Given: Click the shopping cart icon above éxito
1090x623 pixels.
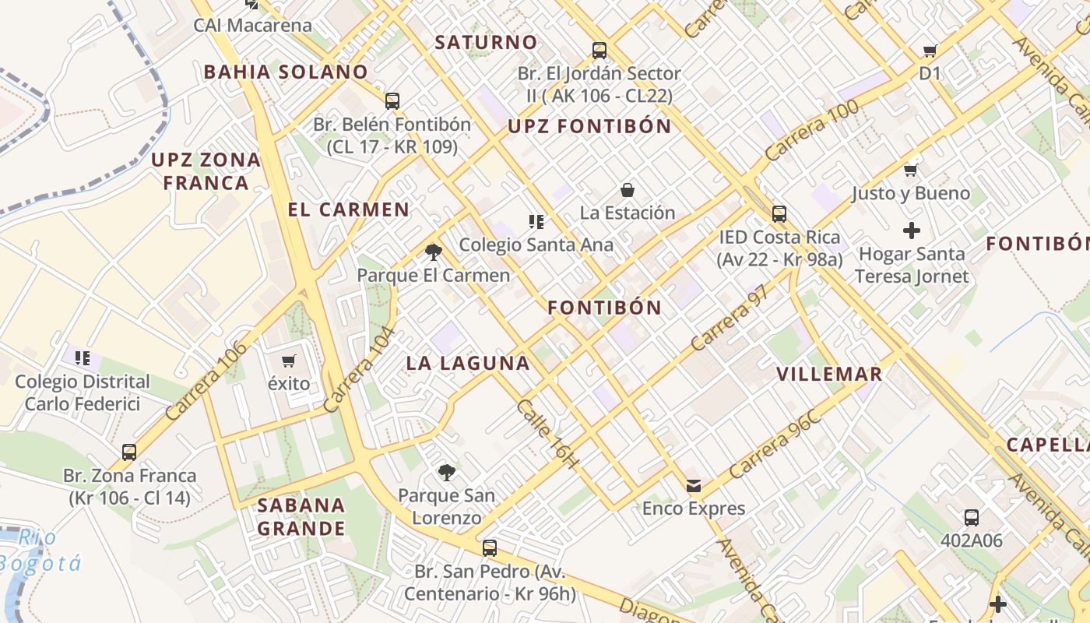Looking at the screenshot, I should click(289, 361).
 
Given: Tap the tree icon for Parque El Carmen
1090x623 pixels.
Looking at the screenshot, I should click(434, 252).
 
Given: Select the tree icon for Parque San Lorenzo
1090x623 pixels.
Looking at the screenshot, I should click(446, 471).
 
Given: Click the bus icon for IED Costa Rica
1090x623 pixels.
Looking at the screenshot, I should click(779, 214).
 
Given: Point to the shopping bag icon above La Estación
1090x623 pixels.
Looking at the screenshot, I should click(627, 189).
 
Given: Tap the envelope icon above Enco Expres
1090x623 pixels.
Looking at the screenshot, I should click(693, 486).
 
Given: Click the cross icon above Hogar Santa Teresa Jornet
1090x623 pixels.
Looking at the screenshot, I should click(911, 231).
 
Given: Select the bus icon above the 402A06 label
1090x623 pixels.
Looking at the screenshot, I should click(971, 517).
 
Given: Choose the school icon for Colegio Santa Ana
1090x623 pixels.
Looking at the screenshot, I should click(536, 222).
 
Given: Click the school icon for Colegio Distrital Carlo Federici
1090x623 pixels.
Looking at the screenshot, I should click(83, 358).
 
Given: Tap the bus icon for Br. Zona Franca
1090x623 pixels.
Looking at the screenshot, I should click(129, 452).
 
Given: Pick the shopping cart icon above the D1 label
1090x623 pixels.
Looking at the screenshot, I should click(930, 51).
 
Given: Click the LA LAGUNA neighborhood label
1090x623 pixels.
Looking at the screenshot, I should click(468, 363).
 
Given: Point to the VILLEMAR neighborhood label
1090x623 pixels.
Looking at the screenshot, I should click(829, 374).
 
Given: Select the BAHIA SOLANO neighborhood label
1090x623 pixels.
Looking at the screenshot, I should click(286, 72).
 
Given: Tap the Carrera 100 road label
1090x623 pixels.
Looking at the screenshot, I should click(811, 130).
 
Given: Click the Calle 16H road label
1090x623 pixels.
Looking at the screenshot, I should click(548, 434).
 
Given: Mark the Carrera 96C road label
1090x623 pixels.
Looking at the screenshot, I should click(775, 443).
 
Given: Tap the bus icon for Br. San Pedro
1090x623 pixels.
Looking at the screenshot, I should click(489, 548).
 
